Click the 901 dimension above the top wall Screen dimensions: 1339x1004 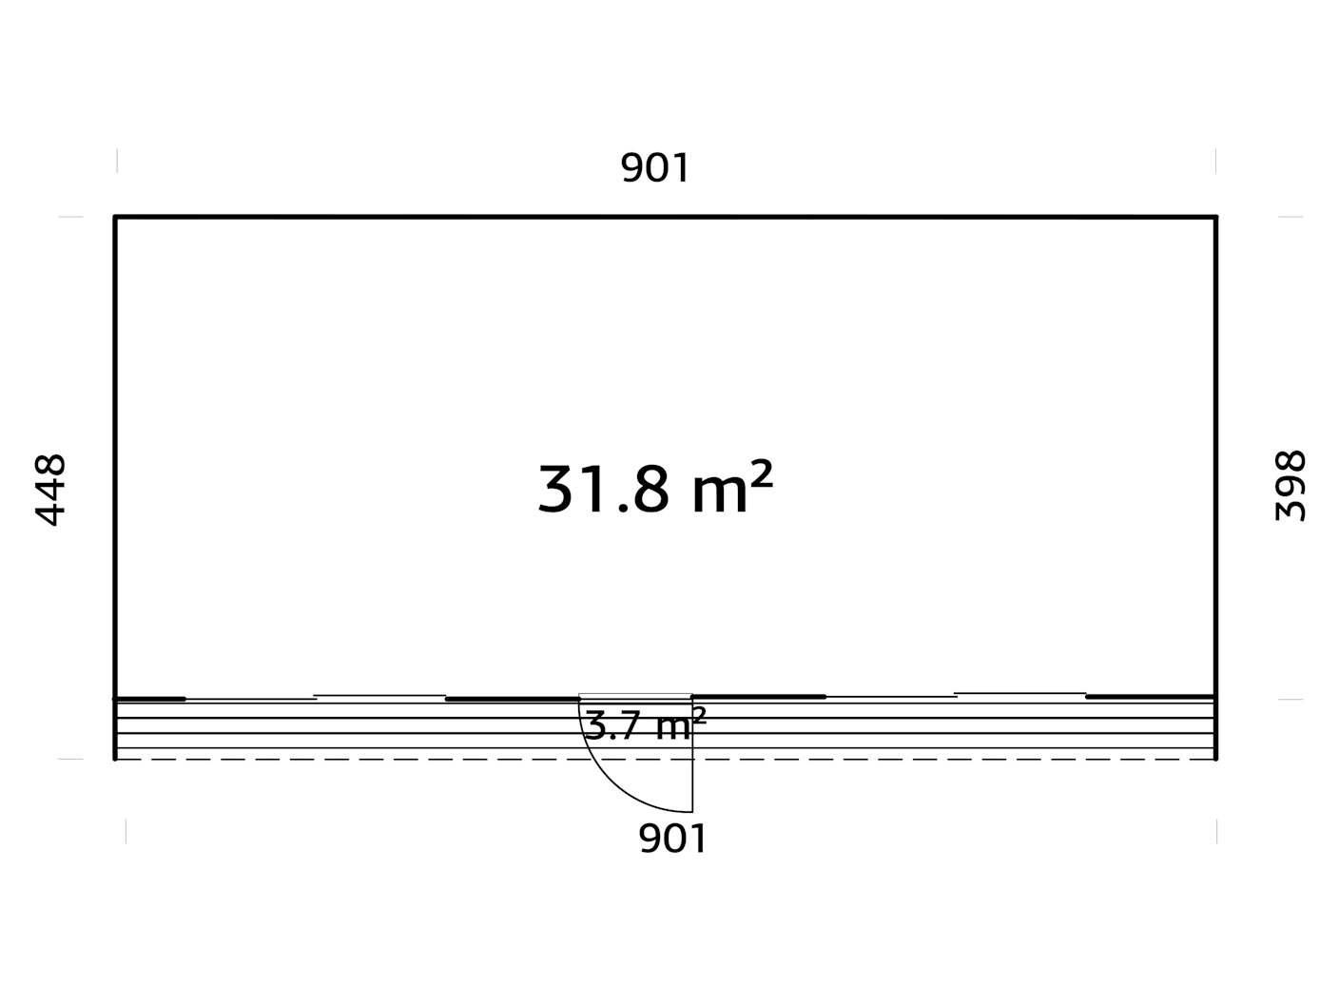tap(654, 167)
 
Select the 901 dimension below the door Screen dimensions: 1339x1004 tap(672, 839)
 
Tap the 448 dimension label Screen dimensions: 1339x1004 tap(50, 490)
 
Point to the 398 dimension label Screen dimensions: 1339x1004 tap(1290, 486)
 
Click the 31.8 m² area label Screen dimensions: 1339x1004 tap(655, 488)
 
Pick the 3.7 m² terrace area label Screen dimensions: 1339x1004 tap(646, 724)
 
